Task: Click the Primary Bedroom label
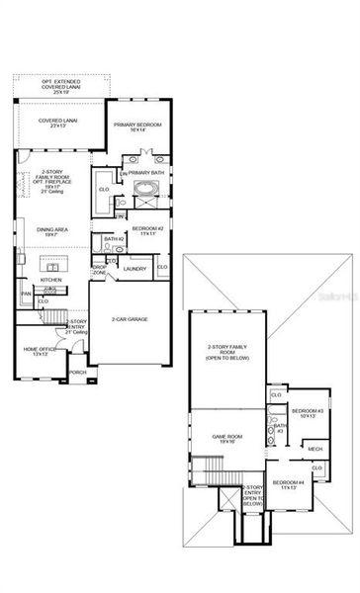click(x=136, y=127)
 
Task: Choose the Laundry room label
click(x=136, y=268)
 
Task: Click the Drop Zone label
click(x=100, y=268)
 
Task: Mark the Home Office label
click(x=40, y=351)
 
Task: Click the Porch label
click(x=77, y=373)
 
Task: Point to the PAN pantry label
click(x=26, y=294)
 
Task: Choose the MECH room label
click(x=315, y=450)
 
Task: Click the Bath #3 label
click(x=280, y=428)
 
